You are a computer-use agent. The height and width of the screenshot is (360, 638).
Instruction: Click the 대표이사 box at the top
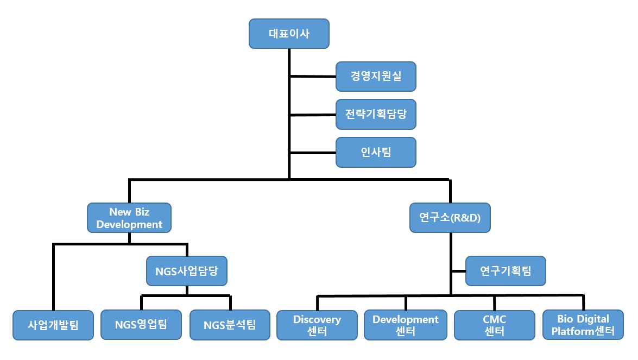(289, 33)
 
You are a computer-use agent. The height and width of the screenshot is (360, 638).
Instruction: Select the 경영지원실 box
(376, 76)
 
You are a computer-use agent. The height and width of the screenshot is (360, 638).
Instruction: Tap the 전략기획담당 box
(376, 114)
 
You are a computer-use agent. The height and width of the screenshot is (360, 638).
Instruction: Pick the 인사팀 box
(376, 152)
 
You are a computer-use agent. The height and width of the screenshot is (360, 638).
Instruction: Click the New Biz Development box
(129, 218)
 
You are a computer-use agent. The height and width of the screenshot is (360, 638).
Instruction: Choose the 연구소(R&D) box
(450, 218)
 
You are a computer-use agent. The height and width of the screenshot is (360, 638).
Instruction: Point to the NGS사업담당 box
(186, 270)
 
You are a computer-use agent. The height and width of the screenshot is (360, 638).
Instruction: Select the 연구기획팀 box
(506, 270)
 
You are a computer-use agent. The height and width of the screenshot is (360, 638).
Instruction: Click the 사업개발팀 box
(53, 325)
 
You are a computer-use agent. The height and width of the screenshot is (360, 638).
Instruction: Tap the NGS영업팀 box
(141, 325)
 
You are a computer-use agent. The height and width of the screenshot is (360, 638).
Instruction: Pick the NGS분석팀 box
(230, 325)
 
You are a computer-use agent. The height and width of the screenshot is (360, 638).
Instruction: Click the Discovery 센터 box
(317, 325)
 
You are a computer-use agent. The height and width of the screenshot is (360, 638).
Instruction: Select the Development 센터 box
(405, 325)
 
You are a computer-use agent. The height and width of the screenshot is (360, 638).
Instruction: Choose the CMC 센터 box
(494, 325)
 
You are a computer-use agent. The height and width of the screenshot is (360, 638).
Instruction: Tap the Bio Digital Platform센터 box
(583, 325)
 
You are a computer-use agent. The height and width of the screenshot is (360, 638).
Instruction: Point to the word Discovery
(317, 319)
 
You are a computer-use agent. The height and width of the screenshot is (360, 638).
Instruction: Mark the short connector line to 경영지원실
(313, 77)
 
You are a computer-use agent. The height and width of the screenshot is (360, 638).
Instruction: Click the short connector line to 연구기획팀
(458, 270)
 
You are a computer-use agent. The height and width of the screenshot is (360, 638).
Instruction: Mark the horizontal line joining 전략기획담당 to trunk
(313, 115)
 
